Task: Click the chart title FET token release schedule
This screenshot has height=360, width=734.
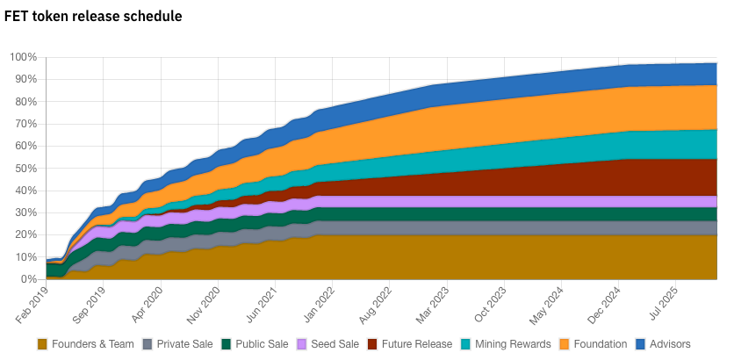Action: (x=93, y=17)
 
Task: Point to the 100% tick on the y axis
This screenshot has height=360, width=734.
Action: (x=23, y=57)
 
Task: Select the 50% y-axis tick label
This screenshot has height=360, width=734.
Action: (x=25, y=169)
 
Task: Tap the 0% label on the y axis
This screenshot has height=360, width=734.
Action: (x=29, y=279)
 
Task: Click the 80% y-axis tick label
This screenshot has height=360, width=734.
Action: (x=25, y=102)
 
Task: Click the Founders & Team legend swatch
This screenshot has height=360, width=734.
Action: (x=43, y=344)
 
